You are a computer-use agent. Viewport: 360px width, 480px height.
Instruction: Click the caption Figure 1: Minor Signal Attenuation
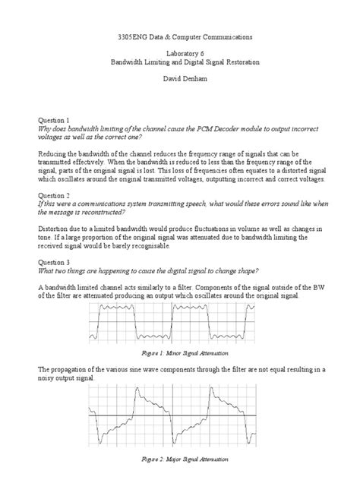(x=180, y=355)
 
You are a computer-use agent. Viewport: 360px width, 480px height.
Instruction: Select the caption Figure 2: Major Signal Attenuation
(x=180, y=459)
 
